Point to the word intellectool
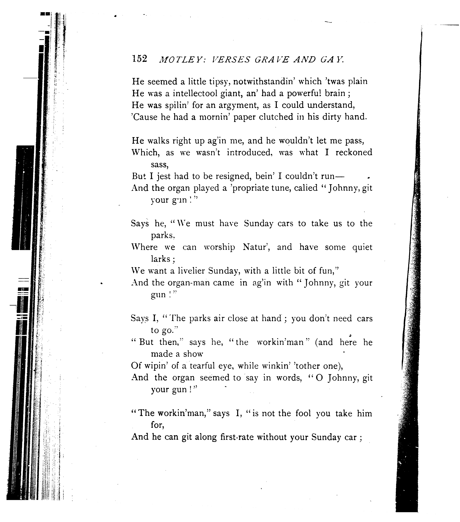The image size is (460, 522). tap(195, 93)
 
